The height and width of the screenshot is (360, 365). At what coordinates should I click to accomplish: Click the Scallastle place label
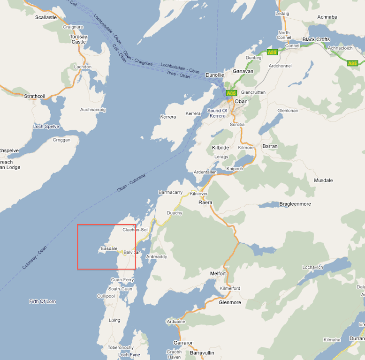(46, 17)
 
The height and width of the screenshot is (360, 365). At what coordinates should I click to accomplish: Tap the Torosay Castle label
(78, 39)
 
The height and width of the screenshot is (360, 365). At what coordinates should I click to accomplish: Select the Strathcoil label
(36, 96)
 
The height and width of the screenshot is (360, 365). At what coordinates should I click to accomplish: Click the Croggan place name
(61, 140)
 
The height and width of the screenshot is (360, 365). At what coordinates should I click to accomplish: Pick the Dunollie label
(215, 75)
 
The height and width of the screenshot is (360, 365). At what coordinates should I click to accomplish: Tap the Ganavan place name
(243, 71)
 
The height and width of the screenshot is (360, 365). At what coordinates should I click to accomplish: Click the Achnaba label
(327, 17)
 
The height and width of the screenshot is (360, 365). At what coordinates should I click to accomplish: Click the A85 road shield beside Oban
(231, 93)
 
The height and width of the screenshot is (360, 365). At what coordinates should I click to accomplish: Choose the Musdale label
(323, 180)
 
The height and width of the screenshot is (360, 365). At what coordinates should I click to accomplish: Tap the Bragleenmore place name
(295, 204)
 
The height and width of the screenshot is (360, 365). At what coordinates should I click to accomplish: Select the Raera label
(205, 202)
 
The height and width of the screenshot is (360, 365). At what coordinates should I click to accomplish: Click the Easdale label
(109, 248)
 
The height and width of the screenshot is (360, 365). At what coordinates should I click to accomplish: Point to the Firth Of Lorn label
(42, 301)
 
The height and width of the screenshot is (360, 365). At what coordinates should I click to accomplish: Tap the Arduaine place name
(176, 322)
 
